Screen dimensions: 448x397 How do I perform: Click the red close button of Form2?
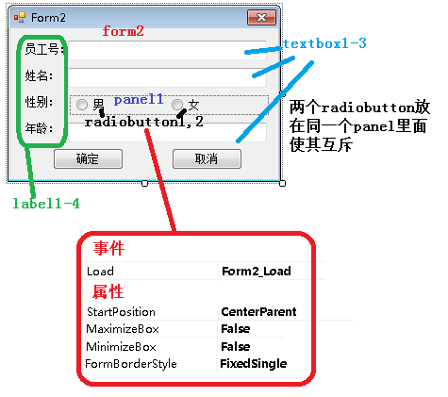coord(261,17)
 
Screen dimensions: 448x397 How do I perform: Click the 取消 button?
coord(207,159)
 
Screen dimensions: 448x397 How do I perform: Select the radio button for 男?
coord(82,105)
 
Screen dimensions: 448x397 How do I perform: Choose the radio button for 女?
coord(177,105)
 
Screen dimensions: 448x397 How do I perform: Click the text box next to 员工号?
coord(168,50)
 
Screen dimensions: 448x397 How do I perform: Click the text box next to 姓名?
coord(168,77)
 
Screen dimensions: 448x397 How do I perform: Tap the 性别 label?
coord(39,102)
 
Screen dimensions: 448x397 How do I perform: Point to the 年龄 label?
coord(39,128)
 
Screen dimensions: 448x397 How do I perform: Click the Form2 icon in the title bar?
coord(20,17)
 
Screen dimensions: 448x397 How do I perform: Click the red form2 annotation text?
coord(124,31)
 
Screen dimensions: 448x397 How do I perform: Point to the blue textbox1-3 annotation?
coord(324,43)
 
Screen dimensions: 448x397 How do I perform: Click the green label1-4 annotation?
coord(46,204)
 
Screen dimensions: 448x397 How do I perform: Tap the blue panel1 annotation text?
coord(139,100)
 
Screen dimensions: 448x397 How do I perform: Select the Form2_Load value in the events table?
coord(257,271)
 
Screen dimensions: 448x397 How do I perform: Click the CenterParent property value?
coord(258,311)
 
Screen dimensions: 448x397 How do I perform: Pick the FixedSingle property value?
coord(254,364)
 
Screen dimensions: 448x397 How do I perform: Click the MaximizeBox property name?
coord(123,329)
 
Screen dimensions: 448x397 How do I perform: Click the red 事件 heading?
coord(108,248)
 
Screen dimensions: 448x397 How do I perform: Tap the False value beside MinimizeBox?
coord(236,347)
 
